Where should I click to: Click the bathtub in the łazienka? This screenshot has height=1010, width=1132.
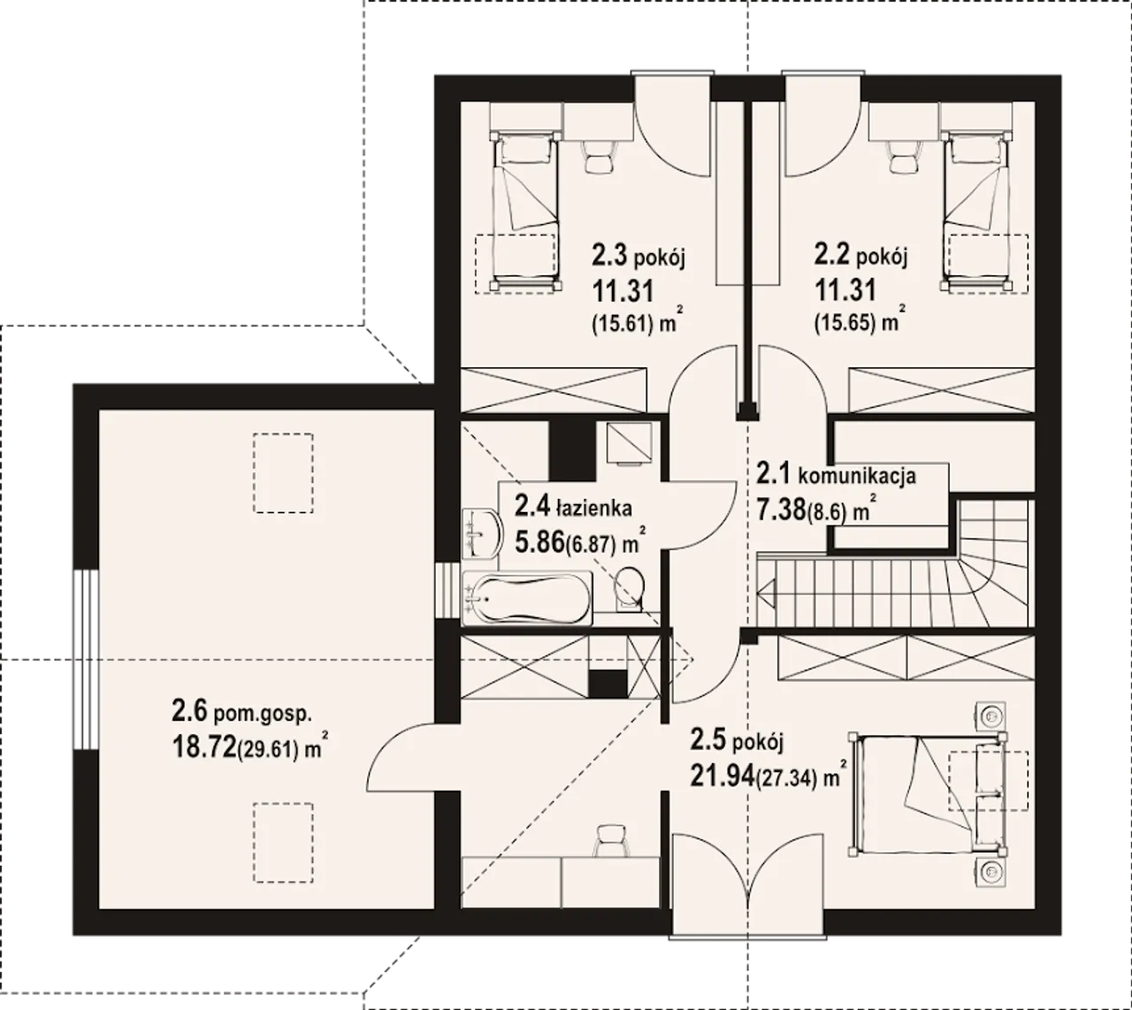[x=526, y=598]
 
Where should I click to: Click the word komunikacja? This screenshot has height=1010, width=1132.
[x=857, y=476]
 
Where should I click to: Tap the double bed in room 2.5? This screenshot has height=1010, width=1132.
[x=928, y=794]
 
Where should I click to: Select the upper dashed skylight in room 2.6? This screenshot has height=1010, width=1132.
[x=283, y=473]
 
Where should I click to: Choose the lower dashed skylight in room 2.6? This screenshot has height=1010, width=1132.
[x=283, y=843]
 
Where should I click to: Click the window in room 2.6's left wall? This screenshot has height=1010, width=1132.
[x=86, y=659]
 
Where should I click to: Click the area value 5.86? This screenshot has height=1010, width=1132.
[x=539, y=543]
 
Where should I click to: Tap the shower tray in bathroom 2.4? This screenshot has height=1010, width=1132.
[x=629, y=443]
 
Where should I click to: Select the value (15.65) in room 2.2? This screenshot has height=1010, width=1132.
[x=845, y=323]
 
